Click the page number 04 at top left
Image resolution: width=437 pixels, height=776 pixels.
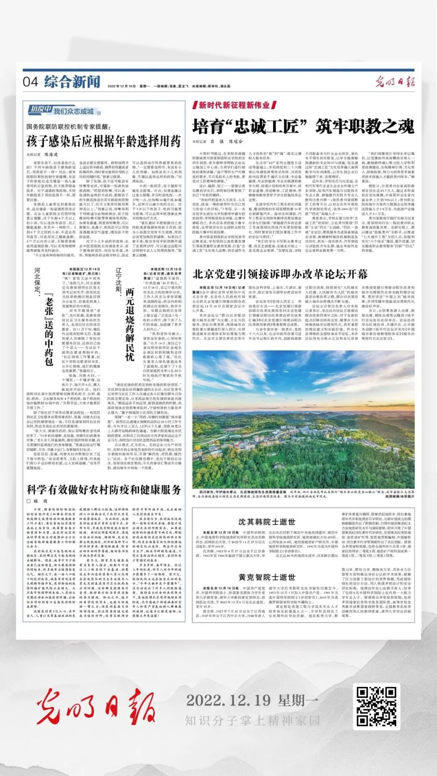[x=30, y=82]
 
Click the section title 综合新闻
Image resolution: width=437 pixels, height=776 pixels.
[x=72, y=82]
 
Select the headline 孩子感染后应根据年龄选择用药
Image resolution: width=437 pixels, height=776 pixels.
[x=104, y=142]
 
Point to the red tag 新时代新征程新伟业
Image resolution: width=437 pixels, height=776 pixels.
[x=234, y=106]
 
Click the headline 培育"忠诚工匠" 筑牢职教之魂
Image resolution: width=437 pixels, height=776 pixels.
[x=303, y=127]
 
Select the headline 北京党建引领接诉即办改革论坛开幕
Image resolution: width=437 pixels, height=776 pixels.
[x=280, y=274]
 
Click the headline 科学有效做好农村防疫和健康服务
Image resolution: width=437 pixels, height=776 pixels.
[x=104, y=490]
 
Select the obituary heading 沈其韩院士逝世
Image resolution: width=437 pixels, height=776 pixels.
[x=267, y=522]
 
